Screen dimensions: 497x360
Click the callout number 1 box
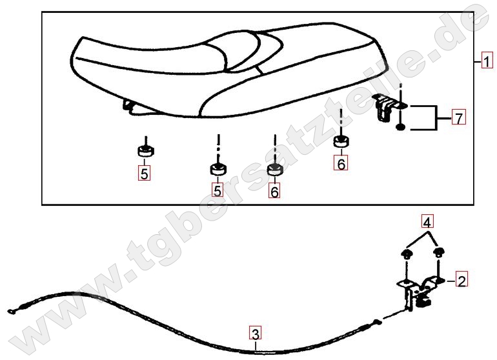tap(487, 60)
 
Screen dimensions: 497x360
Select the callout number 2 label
tap(462, 280)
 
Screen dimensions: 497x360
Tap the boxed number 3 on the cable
tap(255, 334)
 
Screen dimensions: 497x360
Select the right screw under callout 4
tap(439, 252)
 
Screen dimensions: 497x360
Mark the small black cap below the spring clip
tap(401, 127)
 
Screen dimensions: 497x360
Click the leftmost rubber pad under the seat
tap(145, 150)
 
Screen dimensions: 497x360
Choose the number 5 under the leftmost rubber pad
tap(144, 174)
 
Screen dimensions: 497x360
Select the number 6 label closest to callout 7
tap(341, 163)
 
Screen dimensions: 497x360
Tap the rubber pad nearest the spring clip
tap(341, 141)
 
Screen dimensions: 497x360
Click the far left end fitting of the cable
tap(12, 312)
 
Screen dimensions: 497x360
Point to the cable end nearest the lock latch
tap(376, 323)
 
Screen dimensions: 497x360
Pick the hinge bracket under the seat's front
tap(130, 107)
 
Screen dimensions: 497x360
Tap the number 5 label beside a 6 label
tap(218, 190)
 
